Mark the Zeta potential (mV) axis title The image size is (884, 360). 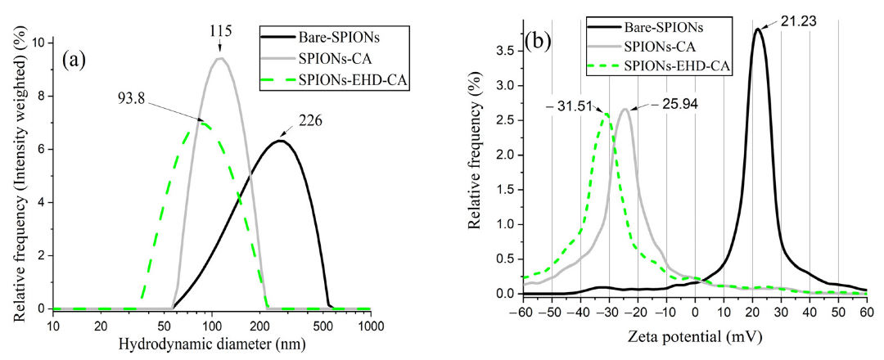695,336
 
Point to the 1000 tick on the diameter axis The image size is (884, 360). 372,325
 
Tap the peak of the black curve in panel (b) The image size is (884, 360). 758,29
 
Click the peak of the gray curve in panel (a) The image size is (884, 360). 219,58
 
